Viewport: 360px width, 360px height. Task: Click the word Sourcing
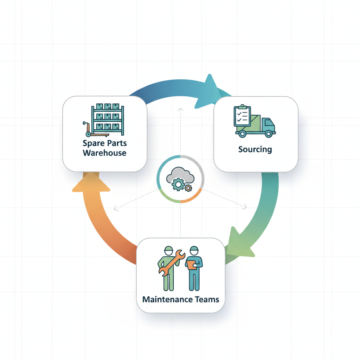tap(255, 149)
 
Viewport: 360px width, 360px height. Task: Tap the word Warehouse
tap(104, 153)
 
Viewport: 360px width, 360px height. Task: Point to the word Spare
tap(94, 143)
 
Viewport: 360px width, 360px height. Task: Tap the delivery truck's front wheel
tap(268, 133)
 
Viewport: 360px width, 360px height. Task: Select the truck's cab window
tap(269, 122)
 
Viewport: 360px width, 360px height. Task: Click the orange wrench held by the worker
tap(172, 263)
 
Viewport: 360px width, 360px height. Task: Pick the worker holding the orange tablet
tap(194, 268)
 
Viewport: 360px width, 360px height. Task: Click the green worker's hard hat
tap(168, 249)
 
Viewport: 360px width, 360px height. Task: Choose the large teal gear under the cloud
tap(178, 184)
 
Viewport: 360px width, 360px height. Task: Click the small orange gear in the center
tap(188, 188)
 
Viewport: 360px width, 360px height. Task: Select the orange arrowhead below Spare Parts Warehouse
tap(91, 182)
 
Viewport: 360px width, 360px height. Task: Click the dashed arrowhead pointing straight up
tap(180, 110)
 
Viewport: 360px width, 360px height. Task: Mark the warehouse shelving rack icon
tap(108, 120)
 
